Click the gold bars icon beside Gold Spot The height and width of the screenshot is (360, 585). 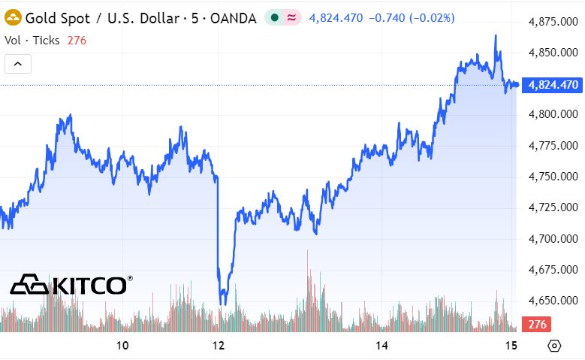(x=13, y=17)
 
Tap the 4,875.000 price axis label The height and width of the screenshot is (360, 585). (x=553, y=22)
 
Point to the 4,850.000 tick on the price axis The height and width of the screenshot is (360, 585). (x=553, y=53)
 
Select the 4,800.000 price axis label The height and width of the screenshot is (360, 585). (x=553, y=115)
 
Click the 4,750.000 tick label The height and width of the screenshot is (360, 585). (x=553, y=177)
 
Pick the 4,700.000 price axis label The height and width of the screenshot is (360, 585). (x=553, y=239)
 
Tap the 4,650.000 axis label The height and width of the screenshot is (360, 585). (x=553, y=301)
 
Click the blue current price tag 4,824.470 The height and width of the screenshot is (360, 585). (x=553, y=85)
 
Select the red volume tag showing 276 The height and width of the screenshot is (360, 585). (x=537, y=325)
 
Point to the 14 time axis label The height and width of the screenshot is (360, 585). (x=382, y=346)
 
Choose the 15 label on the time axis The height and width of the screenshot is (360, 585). (x=512, y=346)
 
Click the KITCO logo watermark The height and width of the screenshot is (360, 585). (x=71, y=285)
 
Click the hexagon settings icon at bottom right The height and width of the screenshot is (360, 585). (x=554, y=346)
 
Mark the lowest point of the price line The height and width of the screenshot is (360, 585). (x=222, y=304)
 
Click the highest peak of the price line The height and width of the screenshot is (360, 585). (x=496, y=35)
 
